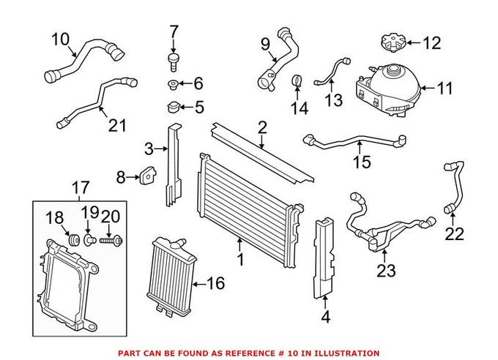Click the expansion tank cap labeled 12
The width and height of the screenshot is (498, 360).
tap(393, 42)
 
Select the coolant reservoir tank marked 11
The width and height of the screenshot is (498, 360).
tap(388, 90)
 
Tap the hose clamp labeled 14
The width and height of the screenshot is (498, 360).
tap(297, 80)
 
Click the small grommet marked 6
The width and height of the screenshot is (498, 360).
tap(172, 85)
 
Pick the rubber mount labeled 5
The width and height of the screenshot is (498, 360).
tap(174, 108)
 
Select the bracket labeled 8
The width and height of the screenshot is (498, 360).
tap(148, 175)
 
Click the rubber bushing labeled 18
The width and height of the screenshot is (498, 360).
tap(74, 239)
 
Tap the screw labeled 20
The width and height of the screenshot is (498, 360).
tap(111, 241)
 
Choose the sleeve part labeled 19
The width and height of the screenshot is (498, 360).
tap(89, 240)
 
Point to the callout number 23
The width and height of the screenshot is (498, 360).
tap(386, 271)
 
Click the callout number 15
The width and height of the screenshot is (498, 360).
tap(362, 162)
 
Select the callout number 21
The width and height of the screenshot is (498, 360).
tap(117, 125)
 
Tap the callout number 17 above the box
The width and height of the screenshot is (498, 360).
tap(81, 187)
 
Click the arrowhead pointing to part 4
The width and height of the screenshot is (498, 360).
tap(325, 298)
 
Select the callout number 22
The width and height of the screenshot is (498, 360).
tap(455, 235)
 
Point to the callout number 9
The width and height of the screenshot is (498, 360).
tap(265, 44)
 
